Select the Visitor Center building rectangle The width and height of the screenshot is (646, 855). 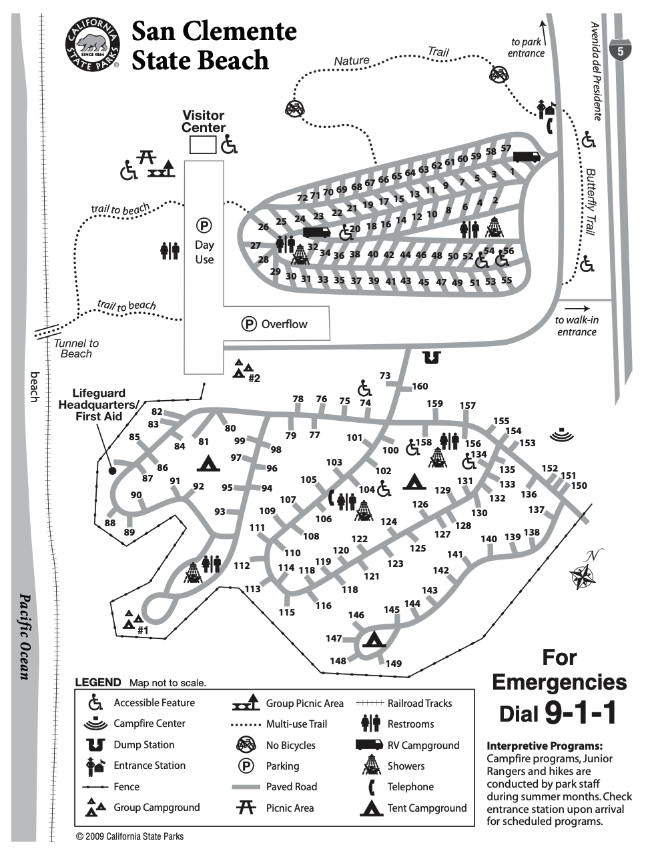point(202,145)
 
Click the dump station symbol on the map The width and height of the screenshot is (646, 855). point(432,357)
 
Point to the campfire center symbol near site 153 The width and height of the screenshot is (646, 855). point(562,434)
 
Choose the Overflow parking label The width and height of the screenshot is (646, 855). point(284,324)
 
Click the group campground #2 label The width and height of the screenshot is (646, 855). point(254,378)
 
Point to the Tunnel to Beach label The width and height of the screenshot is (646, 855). point(75,348)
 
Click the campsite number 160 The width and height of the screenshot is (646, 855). point(420,386)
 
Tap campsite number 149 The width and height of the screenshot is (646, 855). point(394,663)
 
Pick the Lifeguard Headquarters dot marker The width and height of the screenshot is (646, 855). point(112,470)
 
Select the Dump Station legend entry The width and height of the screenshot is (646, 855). point(143,744)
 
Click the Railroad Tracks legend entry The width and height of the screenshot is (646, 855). point(419,703)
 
